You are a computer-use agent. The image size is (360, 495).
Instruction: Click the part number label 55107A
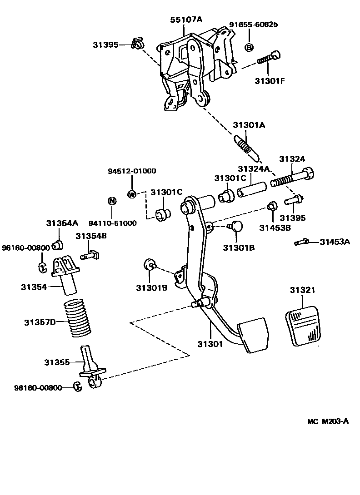click(x=186, y=20)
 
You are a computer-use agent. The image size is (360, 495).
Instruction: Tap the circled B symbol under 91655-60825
click(x=249, y=47)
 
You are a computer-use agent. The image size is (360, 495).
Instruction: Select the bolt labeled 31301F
click(x=269, y=59)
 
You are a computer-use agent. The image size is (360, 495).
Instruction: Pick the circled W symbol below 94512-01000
click(x=132, y=194)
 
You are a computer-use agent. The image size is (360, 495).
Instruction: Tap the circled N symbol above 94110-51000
click(x=111, y=201)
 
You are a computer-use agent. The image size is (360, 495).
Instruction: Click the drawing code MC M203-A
click(x=327, y=421)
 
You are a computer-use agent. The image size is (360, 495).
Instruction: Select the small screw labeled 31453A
click(x=301, y=242)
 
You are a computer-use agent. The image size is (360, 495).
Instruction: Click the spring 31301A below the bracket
click(x=246, y=147)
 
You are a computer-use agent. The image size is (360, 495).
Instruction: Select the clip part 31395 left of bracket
click(x=136, y=45)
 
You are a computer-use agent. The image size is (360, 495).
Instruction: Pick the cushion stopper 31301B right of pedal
click(x=237, y=225)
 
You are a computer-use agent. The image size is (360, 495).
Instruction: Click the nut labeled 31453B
click(x=272, y=206)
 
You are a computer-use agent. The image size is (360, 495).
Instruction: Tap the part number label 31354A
click(x=62, y=223)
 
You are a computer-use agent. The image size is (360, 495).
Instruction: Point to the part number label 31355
click(x=57, y=362)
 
